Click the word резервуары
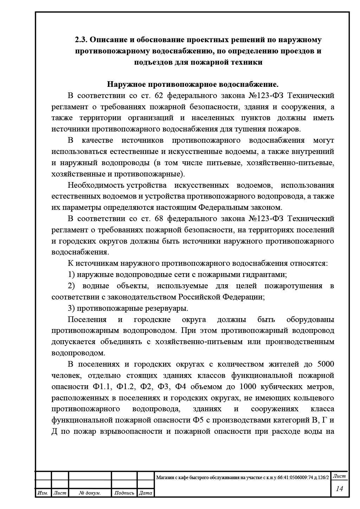[x=168, y=308]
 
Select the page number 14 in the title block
[x=339, y=489]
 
